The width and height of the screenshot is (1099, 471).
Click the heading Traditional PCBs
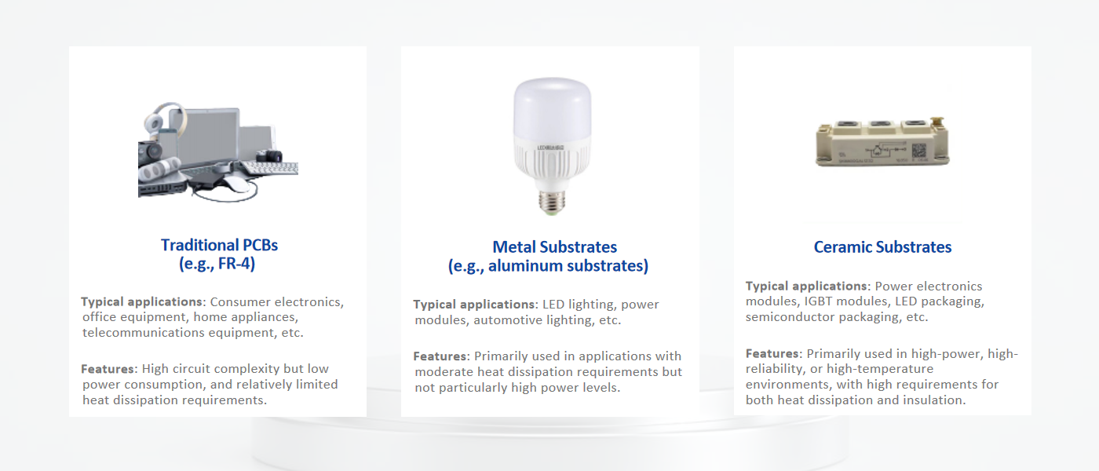pos(219,245)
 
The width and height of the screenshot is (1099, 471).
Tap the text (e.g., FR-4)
pos(217,264)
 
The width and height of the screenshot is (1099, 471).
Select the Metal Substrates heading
pos(554,247)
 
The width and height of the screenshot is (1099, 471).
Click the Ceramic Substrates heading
pos(882,247)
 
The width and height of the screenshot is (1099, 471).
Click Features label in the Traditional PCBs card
pos(108,369)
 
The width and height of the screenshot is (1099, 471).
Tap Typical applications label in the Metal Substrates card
pos(474,305)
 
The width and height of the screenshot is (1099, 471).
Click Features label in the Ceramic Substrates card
pos(773,354)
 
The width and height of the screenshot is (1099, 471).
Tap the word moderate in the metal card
pos(447,371)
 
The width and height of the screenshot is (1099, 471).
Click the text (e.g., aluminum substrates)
pos(548,266)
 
